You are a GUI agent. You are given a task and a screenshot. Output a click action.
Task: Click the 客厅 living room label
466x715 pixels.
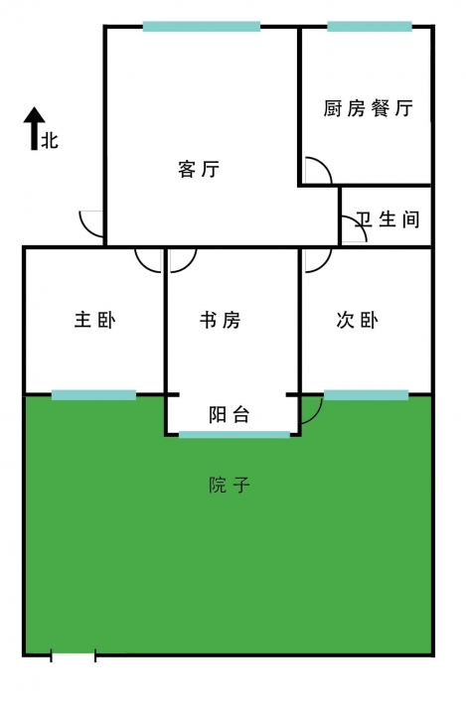(x=199, y=169)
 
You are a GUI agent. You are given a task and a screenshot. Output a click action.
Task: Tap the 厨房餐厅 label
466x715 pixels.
(x=369, y=108)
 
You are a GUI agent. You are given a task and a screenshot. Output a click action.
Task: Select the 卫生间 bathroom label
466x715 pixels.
(x=388, y=219)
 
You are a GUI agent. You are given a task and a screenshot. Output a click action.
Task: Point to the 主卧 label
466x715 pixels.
(x=95, y=320)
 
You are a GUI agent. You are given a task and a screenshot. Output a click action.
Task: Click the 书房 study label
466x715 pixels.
(x=220, y=320)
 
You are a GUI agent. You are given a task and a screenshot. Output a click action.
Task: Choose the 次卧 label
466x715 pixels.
(x=357, y=320)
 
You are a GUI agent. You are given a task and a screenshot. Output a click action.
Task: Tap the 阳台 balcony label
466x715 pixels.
(x=230, y=414)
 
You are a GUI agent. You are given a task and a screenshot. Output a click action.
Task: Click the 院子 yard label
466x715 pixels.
(x=230, y=485)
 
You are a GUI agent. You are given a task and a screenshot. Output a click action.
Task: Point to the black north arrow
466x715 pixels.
(x=34, y=128)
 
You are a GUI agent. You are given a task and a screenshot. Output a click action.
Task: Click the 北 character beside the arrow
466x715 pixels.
(x=50, y=140)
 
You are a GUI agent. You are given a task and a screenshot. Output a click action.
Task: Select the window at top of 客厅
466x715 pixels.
(x=202, y=27)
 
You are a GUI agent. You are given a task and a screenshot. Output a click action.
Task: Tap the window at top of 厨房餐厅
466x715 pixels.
(x=370, y=27)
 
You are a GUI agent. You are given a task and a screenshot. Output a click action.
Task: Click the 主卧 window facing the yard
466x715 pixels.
(x=93, y=395)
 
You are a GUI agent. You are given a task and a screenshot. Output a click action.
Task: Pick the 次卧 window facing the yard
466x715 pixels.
(x=366, y=395)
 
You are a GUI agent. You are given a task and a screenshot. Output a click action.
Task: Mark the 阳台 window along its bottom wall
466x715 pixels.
(x=234, y=435)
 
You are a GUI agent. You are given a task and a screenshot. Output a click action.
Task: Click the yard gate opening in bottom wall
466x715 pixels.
(x=73, y=655)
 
